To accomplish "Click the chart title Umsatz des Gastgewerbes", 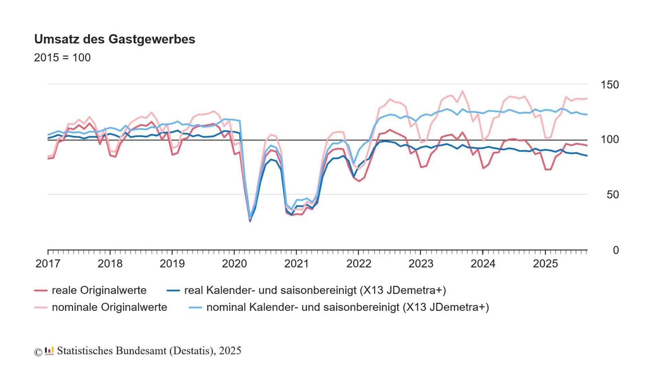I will pos(114,39).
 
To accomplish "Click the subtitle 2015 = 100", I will pos(62,57).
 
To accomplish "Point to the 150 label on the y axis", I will pos(609,85).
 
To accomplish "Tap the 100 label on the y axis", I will pos(609,139).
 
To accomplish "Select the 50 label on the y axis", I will pos(612,194).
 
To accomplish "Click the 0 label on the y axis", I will pos(616,250).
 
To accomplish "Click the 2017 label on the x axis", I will pos(48,264).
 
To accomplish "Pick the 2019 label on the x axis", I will pos(172,264).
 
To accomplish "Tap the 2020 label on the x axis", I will pos(234,264).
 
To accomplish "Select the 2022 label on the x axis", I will pos(358,264).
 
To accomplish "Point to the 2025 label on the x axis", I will pos(545,264).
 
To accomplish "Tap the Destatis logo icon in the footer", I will pos(49,351).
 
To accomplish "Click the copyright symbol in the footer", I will pos(38,352).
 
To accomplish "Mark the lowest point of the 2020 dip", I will pos(250,221).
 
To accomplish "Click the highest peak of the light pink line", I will pos(462,92).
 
